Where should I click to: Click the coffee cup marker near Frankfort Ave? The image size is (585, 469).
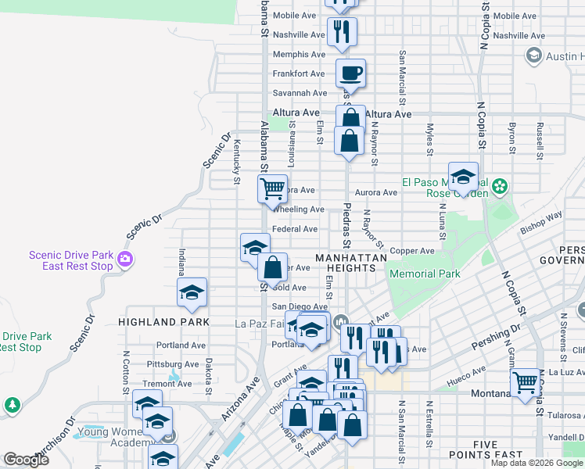(350, 73)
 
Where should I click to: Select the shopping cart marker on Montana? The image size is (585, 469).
(526, 383)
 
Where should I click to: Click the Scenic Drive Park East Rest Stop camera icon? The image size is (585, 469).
(125, 260)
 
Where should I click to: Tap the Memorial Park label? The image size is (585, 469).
(425, 274)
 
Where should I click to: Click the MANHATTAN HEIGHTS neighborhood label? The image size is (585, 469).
(351, 263)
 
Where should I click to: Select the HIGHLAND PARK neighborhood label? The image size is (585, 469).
(163, 321)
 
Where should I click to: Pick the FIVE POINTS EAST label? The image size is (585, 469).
(486, 449)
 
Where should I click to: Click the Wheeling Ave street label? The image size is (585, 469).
(297, 209)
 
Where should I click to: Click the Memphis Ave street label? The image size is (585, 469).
(298, 54)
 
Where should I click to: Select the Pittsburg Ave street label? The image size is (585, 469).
(177, 363)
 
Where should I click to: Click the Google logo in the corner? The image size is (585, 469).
(25, 460)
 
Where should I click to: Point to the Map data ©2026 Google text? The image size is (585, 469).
(537, 463)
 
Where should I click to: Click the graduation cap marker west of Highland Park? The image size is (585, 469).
(192, 293)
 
